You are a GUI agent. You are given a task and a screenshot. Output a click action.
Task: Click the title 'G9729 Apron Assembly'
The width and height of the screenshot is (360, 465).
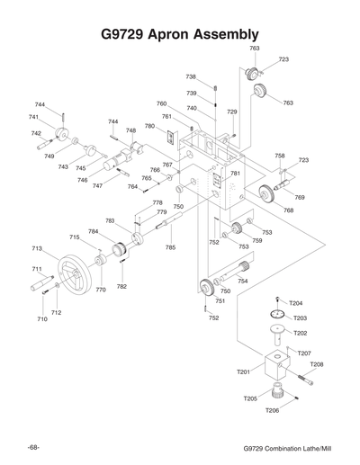[180, 33]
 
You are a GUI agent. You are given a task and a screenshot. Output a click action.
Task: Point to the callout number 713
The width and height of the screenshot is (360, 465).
[37, 248]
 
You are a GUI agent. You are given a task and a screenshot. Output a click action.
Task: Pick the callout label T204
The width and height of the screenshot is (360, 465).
[296, 303]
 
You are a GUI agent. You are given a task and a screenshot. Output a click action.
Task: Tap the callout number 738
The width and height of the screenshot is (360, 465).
[191, 77]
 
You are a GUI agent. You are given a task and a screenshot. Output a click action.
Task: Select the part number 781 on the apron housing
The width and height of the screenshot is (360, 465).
[235, 174]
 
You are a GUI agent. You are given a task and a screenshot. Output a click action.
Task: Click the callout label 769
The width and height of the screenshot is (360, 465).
[300, 197]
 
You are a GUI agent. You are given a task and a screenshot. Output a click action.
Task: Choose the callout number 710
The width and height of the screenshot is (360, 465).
[41, 319]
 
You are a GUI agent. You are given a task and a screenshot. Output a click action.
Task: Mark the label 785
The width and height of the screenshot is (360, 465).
[170, 246]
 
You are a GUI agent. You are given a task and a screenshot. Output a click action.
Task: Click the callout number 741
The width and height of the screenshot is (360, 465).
[33, 117]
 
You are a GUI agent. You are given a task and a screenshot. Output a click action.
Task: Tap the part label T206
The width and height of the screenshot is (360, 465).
[271, 410]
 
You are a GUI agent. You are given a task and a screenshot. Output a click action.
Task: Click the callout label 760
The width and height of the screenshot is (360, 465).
[161, 104]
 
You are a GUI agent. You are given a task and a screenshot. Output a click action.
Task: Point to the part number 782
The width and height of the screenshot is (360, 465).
[121, 286]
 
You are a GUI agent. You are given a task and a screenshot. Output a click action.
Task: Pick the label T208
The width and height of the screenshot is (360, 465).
[317, 364]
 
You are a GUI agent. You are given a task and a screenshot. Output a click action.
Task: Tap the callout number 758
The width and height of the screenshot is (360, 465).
[280, 156]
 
